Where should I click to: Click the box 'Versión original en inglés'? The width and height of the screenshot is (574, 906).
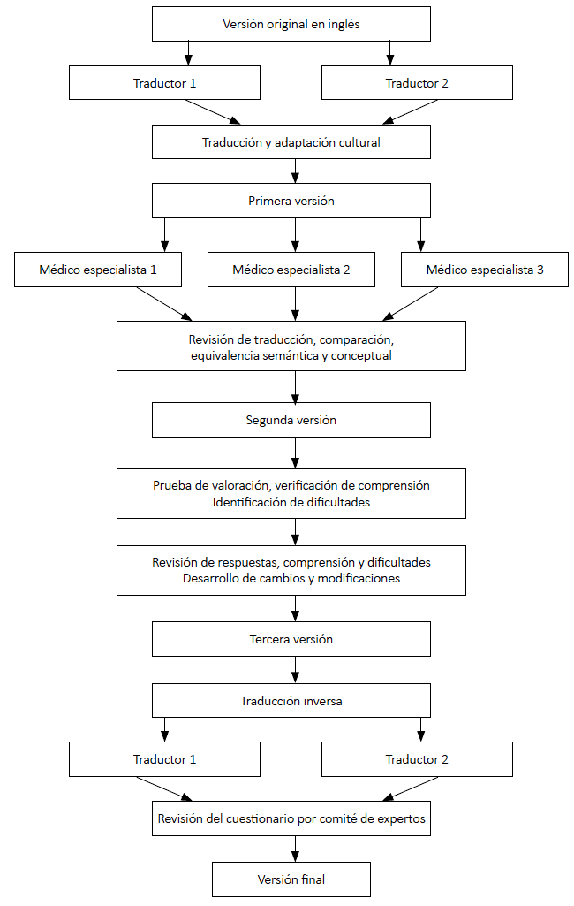click(291, 24)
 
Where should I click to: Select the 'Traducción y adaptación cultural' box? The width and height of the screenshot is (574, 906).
click(291, 142)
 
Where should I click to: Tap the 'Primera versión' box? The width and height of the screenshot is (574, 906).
click(291, 201)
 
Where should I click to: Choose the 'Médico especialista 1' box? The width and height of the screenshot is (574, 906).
click(98, 270)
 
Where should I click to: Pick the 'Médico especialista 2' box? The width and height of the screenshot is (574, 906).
click(291, 270)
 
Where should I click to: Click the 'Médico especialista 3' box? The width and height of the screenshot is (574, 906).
click(485, 270)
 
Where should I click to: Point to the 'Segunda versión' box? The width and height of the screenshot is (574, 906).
click(291, 420)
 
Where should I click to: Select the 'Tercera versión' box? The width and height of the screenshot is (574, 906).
click(291, 639)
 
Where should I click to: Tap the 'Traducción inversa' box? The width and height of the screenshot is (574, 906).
click(291, 701)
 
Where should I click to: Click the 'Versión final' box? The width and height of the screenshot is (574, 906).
click(291, 879)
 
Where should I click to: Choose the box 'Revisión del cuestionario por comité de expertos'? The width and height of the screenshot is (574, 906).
click(291, 818)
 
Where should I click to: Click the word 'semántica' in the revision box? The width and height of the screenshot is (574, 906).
click(291, 356)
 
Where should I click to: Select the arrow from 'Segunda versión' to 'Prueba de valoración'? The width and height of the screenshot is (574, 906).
click(295, 453)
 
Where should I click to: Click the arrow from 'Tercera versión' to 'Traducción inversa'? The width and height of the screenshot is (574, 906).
click(295, 670)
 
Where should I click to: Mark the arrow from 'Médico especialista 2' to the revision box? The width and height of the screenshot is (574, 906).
click(295, 304)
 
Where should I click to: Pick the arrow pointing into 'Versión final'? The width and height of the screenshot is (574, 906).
click(295, 849)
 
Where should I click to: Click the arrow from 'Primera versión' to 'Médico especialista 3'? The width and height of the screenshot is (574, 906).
click(420, 234)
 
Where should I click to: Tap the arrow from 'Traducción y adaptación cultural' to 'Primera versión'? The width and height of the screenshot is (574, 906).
click(295, 171)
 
